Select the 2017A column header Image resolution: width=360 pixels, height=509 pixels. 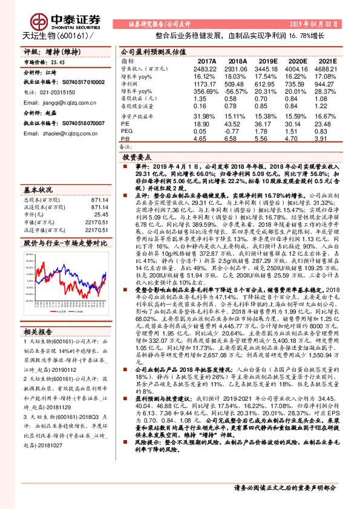point(206,61)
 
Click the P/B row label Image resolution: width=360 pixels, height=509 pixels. point(125,138)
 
